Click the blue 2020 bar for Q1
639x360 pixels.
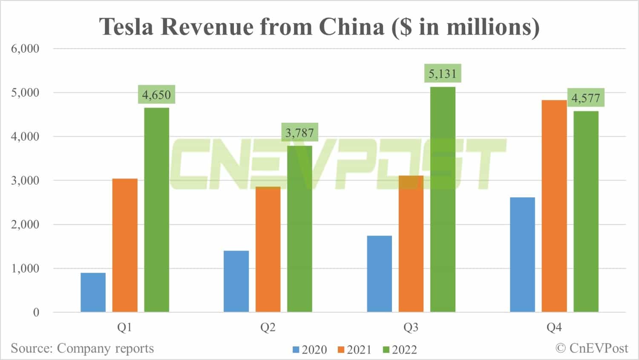click(93, 292)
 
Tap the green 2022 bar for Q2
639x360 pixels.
click(299, 229)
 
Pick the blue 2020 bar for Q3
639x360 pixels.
click(379, 274)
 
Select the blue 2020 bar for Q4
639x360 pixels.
click(522, 254)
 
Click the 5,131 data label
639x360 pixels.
click(443, 74)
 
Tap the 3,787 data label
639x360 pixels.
click(299, 133)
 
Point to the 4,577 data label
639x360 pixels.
click(586, 98)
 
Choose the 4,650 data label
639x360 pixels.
click(156, 95)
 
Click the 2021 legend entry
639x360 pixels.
click(354, 350)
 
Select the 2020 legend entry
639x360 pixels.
click(310, 350)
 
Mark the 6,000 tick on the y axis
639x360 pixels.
click(25, 49)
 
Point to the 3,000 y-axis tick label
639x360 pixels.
click(25, 180)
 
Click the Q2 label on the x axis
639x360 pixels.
click(268, 327)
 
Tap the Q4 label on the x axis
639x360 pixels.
click(554, 327)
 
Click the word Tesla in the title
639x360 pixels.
click(126, 27)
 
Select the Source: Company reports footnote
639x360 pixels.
click(82, 348)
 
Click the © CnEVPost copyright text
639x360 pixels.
click(592, 348)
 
